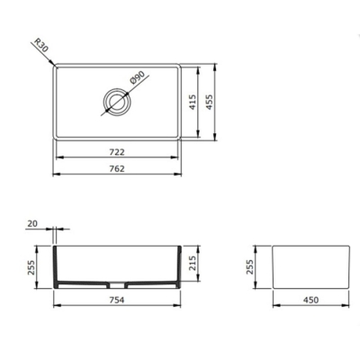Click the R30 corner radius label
(39, 45)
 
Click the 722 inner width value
(118, 152)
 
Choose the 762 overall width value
(118, 168)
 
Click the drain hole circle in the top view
(116, 100)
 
